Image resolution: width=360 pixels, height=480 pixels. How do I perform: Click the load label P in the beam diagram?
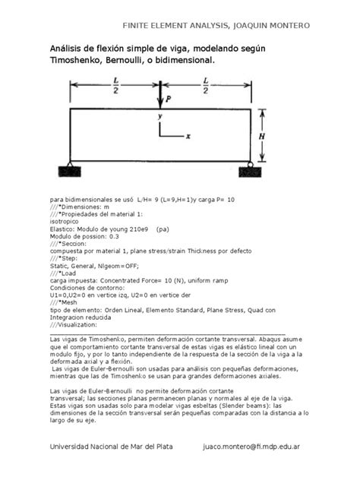(169, 98)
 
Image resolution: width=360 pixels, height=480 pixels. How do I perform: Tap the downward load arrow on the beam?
(160, 95)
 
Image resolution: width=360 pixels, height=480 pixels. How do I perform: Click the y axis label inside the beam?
(159, 117)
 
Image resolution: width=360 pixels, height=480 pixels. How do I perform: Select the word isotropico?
(70, 220)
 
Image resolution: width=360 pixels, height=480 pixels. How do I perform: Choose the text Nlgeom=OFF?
(113, 267)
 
